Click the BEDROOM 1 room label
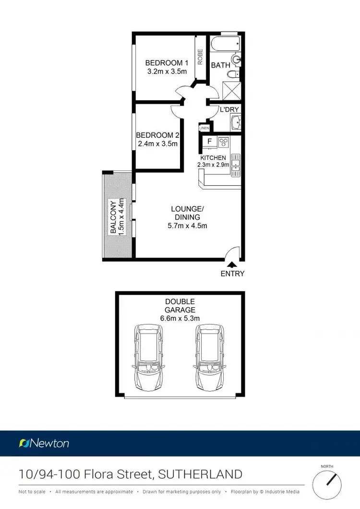[167, 63]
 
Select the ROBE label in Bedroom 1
[200, 57]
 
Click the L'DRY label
[229, 110]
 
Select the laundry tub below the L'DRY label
[234, 123]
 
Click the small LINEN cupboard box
[204, 128]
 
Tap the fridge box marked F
[208, 142]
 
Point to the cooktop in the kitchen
[224, 142]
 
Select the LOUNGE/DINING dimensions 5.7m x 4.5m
[188, 226]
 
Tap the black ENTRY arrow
[232, 264]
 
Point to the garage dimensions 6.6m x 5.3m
[180, 318]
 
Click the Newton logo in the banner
[44, 443]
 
